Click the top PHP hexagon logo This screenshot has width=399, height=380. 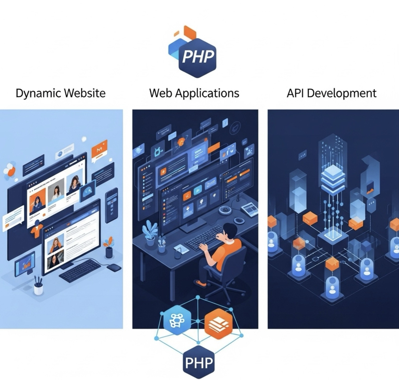[197, 57]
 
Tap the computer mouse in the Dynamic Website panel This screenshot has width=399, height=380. [114, 268]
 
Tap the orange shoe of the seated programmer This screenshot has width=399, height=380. [201, 283]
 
